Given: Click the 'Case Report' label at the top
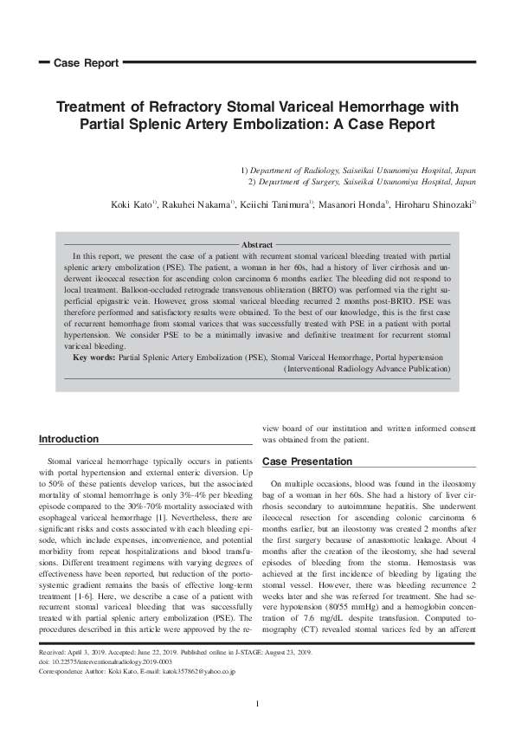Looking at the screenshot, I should (x=86, y=63).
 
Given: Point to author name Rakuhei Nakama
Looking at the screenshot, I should (x=196, y=204).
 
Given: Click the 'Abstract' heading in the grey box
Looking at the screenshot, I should (x=256, y=245).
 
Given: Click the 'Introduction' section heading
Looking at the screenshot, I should (x=69, y=439).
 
